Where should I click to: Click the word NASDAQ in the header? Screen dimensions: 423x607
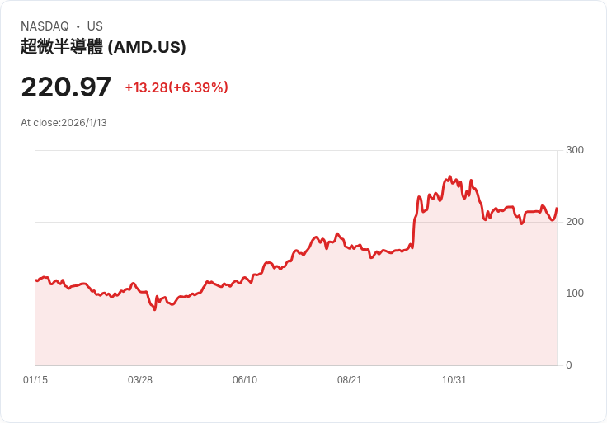45,26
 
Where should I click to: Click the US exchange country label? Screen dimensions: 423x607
95,26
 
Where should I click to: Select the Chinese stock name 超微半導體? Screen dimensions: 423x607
62,47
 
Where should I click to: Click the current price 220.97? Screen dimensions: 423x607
66,87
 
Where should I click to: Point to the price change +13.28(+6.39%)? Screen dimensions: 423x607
176,87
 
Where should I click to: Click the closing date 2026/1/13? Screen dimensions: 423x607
84,123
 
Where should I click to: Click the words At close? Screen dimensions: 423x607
40,123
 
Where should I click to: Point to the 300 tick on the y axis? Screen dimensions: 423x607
575,150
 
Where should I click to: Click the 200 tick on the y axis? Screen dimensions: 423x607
575,222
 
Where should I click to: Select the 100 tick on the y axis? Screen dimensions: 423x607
575,294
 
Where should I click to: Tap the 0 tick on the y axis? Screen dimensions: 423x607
569,365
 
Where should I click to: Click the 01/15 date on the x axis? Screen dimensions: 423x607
35,380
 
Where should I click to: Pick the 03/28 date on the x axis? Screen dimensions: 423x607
140,380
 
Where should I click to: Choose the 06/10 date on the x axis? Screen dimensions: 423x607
245,380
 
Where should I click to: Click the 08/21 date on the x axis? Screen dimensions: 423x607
350,380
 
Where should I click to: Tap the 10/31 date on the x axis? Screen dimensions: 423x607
454,380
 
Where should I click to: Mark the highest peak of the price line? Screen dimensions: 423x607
449,176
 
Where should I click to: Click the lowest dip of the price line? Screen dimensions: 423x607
154,309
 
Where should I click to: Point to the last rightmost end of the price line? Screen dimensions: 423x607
557,208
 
